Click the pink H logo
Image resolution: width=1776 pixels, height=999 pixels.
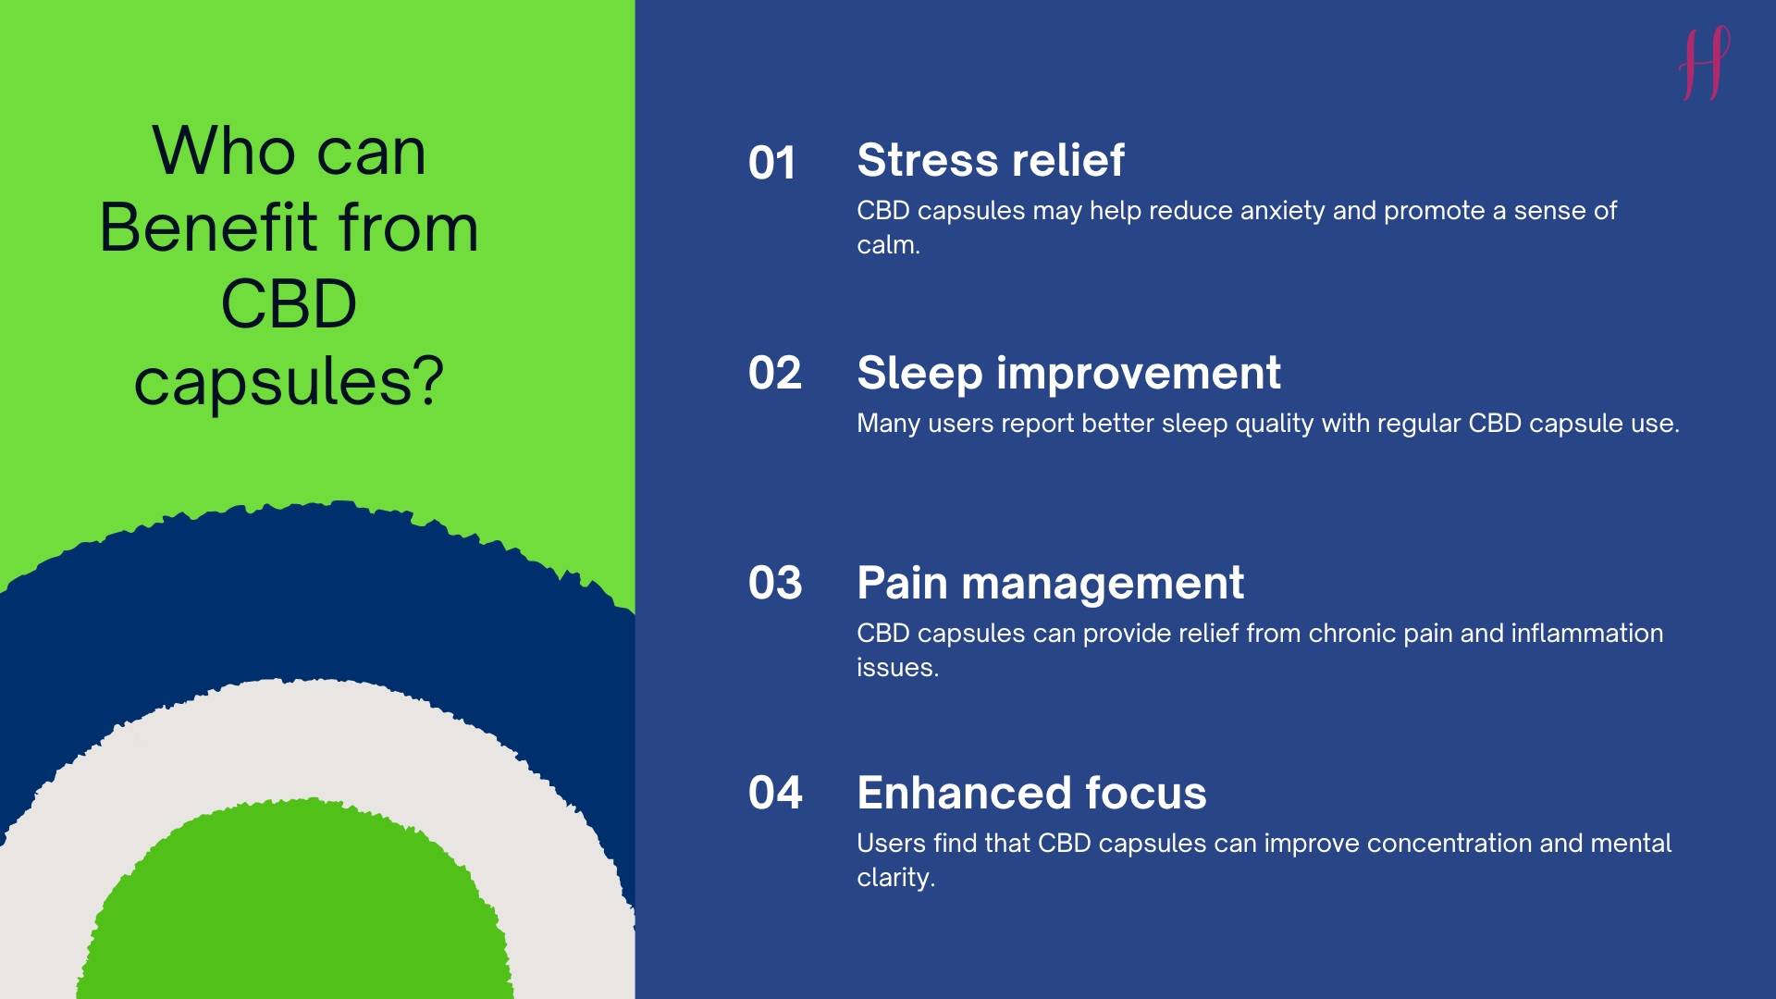(x=1705, y=63)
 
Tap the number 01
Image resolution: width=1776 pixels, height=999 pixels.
(x=772, y=163)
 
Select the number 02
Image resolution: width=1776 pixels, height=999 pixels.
(x=775, y=373)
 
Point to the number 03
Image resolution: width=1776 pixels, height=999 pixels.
(x=775, y=583)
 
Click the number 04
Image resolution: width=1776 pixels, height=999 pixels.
(x=775, y=793)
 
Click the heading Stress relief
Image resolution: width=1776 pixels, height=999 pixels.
(x=991, y=160)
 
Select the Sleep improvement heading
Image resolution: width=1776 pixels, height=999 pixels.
(x=1068, y=374)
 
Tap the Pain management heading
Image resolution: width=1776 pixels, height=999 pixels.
(x=1050, y=584)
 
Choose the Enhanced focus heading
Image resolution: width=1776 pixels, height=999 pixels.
(x=1031, y=793)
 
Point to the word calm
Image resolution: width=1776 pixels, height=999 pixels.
(x=888, y=245)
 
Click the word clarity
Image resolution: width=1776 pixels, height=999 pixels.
(x=895, y=878)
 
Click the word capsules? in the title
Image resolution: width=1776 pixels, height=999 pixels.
(x=289, y=382)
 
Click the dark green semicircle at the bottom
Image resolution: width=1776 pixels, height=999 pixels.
(x=294, y=906)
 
